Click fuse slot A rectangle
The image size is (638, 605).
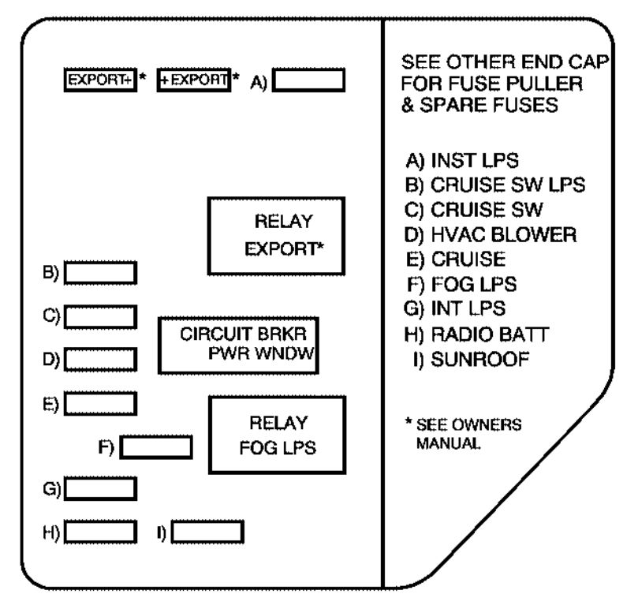point(308,81)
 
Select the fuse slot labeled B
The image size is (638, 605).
point(100,273)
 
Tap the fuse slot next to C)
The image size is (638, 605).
point(100,316)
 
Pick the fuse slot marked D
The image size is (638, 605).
point(100,360)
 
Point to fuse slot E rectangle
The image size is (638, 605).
point(100,403)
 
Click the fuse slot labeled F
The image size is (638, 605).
point(157,446)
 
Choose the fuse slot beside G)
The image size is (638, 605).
point(100,489)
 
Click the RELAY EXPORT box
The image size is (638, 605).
point(266,235)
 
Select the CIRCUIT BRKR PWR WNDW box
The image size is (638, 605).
point(238,345)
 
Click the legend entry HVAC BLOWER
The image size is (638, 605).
point(490,234)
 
